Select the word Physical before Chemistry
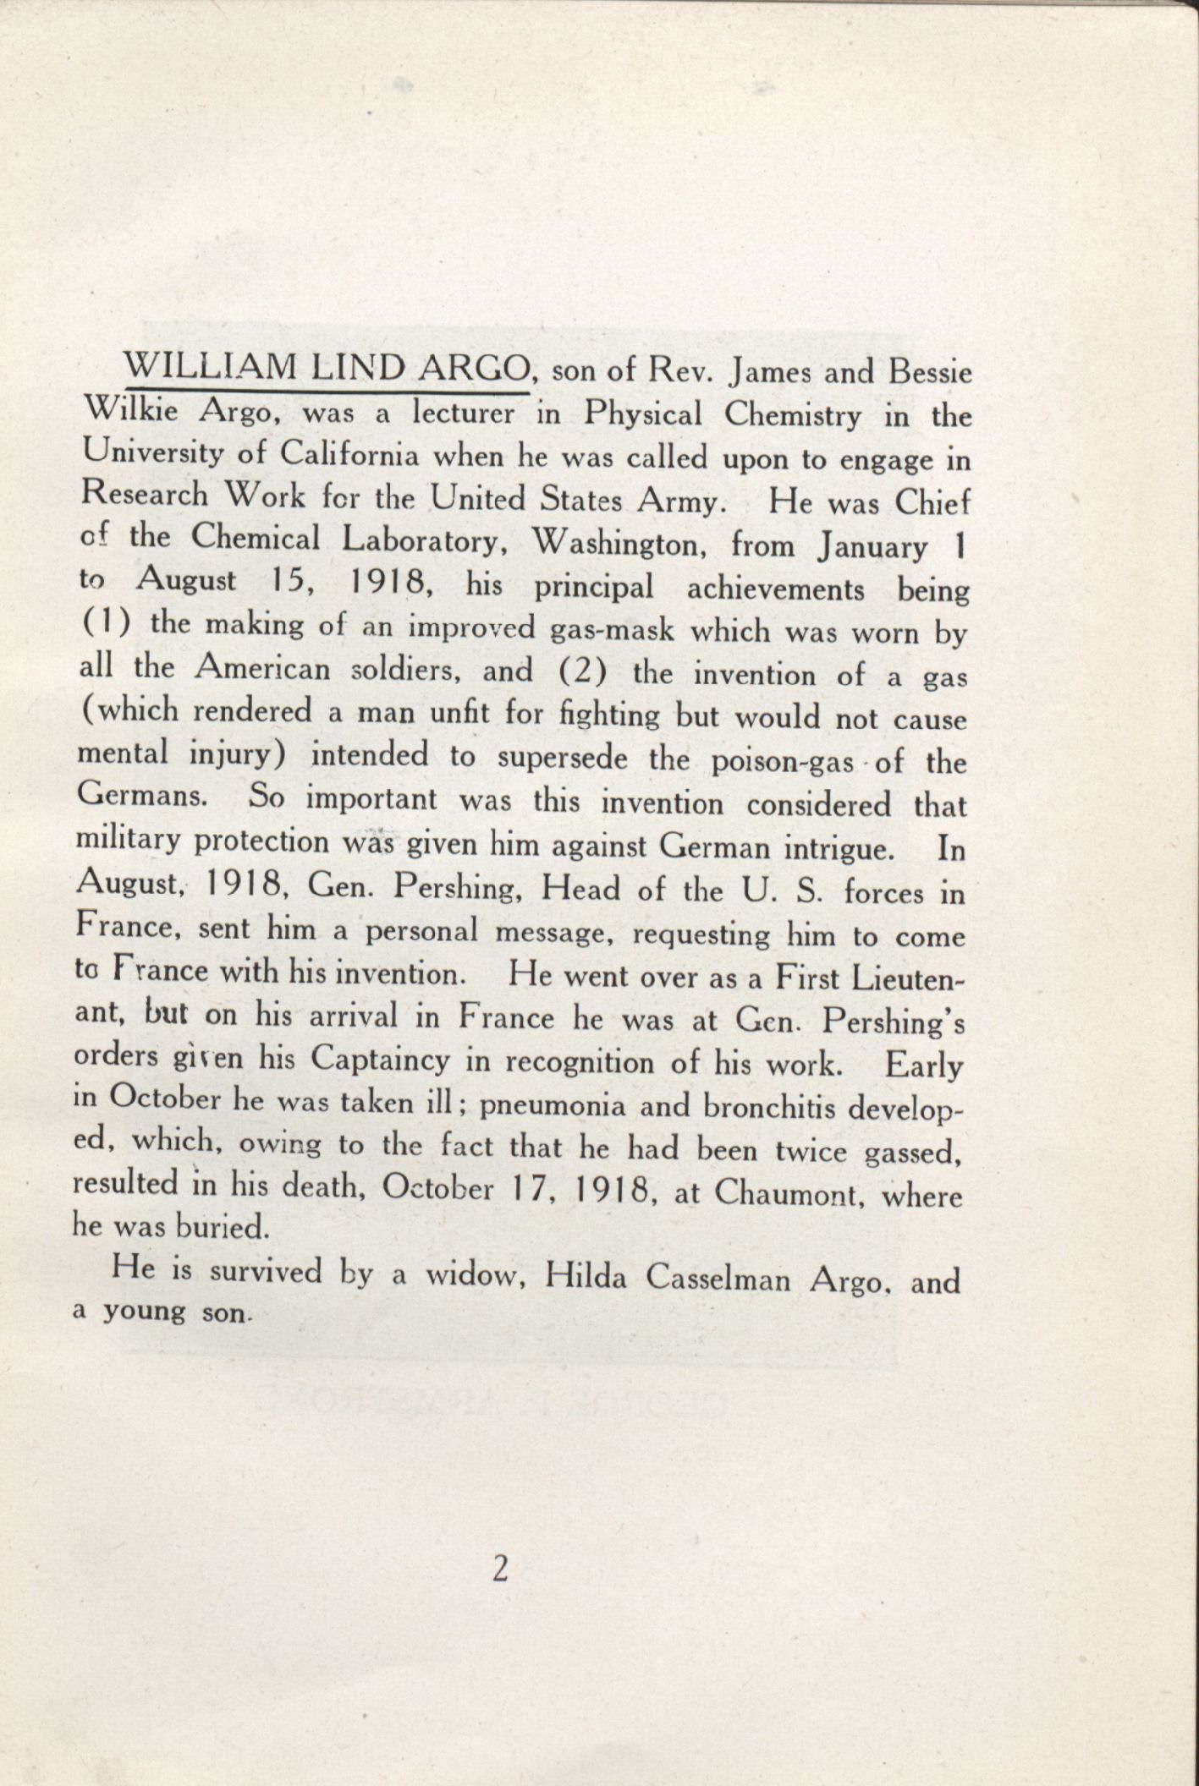pyautogui.click(x=644, y=415)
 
